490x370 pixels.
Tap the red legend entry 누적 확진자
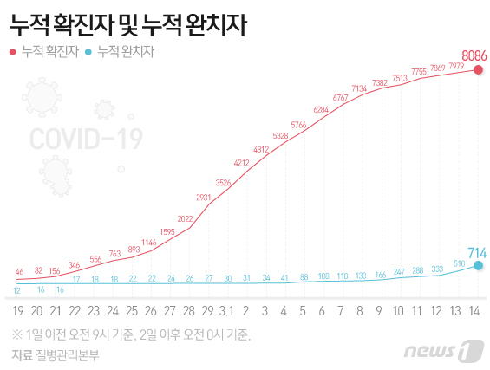[48, 52]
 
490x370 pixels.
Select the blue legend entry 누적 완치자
[125, 52]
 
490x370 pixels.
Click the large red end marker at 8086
[478, 69]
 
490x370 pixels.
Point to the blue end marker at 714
[478, 266]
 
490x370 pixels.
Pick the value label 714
[476, 252]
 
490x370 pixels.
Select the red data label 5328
[280, 135]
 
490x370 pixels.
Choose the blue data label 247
[399, 272]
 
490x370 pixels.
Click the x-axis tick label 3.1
[227, 311]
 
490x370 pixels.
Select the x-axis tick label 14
[474, 311]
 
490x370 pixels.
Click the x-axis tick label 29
[206, 311]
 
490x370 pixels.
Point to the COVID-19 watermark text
[86, 139]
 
